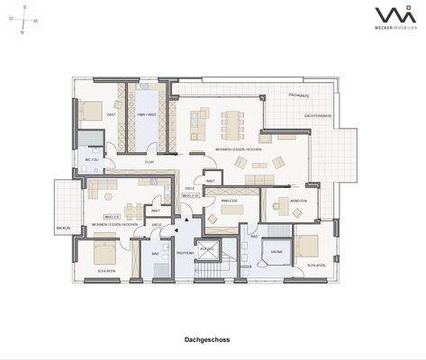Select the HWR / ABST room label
pyautogui.click(x=147, y=115)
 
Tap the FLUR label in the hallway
pyautogui.click(x=149, y=164)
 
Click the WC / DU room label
pyautogui.click(x=90, y=159)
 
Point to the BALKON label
pyautogui.click(x=63, y=228)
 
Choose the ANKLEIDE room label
pyautogui.click(x=229, y=201)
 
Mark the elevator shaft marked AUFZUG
pyautogui.click(x=207, y=247)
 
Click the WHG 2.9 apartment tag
pyautogui.click(x=112, y=216)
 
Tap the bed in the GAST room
pyautogui.click(x=89, y=112)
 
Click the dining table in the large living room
pyautogui.click(x=237, y=120)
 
